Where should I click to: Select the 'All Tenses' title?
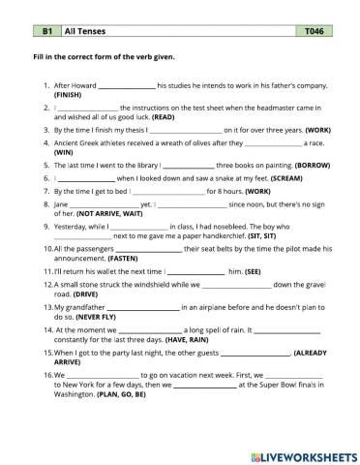pyautogui.click(x=83, y=32)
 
